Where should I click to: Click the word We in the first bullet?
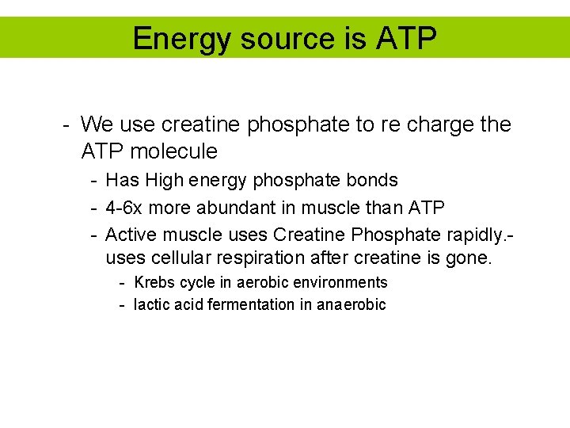[x=97, y=124]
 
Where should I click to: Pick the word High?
[x=164, y=180]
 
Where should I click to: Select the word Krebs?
[x=155, y=282]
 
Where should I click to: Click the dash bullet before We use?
[x=68, y=124]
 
